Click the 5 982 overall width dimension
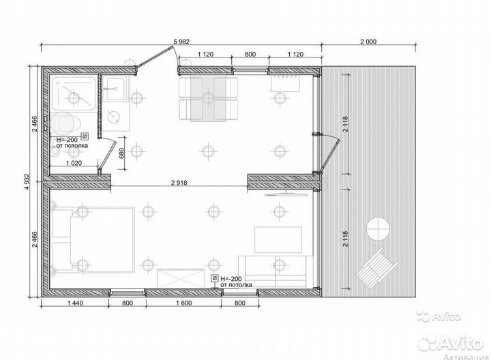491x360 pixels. pos(181,42)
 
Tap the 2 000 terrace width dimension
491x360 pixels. pos(368,42)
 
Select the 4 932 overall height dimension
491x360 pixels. pos(27,181)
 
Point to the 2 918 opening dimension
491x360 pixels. pos(179,183)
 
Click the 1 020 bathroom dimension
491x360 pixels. pos(74,163)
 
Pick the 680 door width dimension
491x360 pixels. pos(122,153)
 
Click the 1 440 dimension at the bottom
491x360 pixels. pos(75,303)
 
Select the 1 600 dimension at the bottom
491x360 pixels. pos(184,303)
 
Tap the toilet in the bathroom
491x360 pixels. pos(65,123)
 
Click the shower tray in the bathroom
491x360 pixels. pos(73,93)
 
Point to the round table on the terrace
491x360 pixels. pos(378,228)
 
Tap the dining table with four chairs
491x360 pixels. pos(208,98)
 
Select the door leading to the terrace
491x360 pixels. pos(329,155)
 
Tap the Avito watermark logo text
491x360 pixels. pos(450,343)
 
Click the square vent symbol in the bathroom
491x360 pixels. pos(85,136)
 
